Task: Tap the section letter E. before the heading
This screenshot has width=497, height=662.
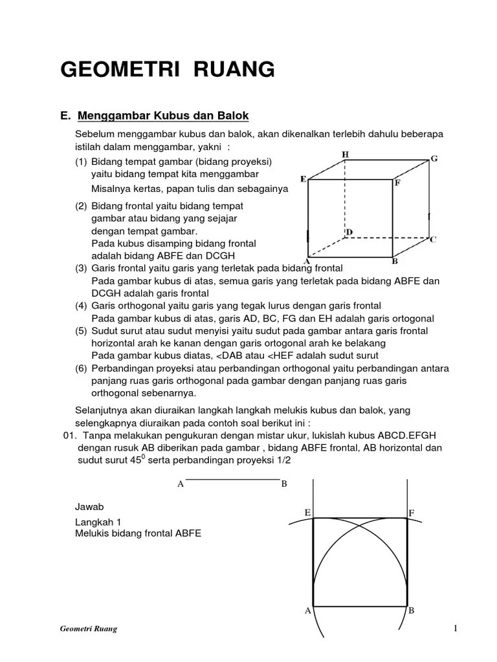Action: tap(64, 116)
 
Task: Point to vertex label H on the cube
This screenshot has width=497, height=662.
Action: tap(345, 155)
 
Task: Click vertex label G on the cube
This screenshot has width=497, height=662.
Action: tap(434, 158)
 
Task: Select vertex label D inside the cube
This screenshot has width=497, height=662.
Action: tap(350, 231)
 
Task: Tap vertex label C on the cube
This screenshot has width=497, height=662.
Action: tap(433, 239)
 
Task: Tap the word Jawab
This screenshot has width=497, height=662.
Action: tap(89, 506)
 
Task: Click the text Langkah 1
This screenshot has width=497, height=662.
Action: tap(98, 522)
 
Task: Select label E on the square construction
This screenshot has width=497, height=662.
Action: tap(308, 513)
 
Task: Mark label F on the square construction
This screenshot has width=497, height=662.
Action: tap(411, 513)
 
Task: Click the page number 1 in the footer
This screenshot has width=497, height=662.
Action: tap(456, 628)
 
